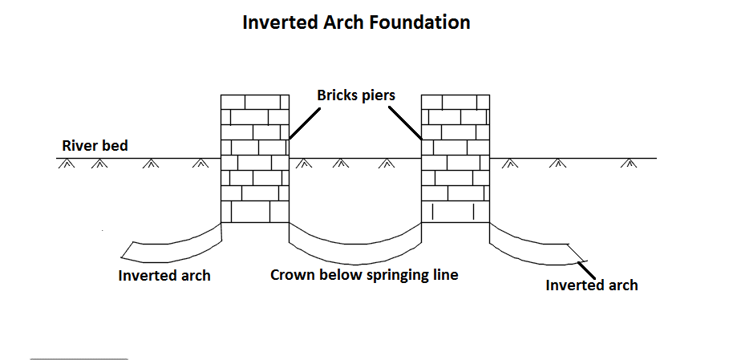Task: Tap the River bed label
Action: [x=95, y=146]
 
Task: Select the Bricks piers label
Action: [x=355, y=95]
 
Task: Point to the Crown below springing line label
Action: [x=364, y=275]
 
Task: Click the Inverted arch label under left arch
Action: [x=164, y=275]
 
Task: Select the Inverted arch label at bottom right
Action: [x=592, y=285]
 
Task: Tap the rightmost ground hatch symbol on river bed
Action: [x=631, y=164]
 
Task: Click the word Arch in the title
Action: [x=344, y=22]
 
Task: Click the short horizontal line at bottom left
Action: [x=79, y=359]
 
